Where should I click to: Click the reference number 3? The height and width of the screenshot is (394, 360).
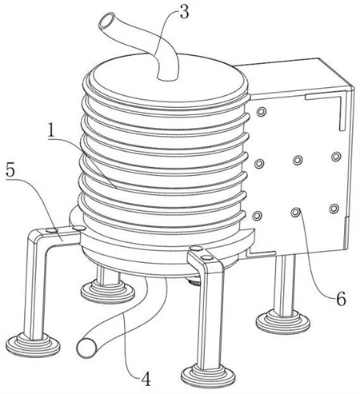click(x=184, y=13)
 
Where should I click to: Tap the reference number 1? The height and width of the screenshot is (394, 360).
click(x=52, y=130)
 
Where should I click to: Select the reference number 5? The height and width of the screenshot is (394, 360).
click(x=10, y=171)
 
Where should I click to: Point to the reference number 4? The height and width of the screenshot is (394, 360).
click(x=146, y=379)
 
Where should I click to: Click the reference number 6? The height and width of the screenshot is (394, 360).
click(x=341, y=299)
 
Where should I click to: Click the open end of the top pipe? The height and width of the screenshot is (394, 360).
click(x=106, y=22)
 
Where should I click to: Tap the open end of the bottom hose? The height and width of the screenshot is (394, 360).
click(x=86, y=348)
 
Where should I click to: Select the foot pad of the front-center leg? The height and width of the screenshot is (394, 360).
click(x=208, y=376)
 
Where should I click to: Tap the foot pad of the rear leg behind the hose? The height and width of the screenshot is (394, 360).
click(x=108, y=292)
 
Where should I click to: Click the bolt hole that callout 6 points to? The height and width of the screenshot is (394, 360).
click(x=296, y=213)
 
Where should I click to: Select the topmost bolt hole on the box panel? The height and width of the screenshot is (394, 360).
click(x=261, y=112)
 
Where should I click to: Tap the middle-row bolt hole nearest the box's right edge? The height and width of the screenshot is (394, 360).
click(x=336, y=157)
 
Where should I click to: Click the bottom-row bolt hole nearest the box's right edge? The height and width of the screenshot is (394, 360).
click(x=334, y=209)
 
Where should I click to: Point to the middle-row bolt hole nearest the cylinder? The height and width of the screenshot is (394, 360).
click(x=259, y=163)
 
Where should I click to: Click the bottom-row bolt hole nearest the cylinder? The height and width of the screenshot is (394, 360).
click(x=257, y=215)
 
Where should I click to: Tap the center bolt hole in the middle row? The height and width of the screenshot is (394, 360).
click(x=298, y=160)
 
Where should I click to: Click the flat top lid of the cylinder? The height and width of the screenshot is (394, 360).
click(x=167, y=80)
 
